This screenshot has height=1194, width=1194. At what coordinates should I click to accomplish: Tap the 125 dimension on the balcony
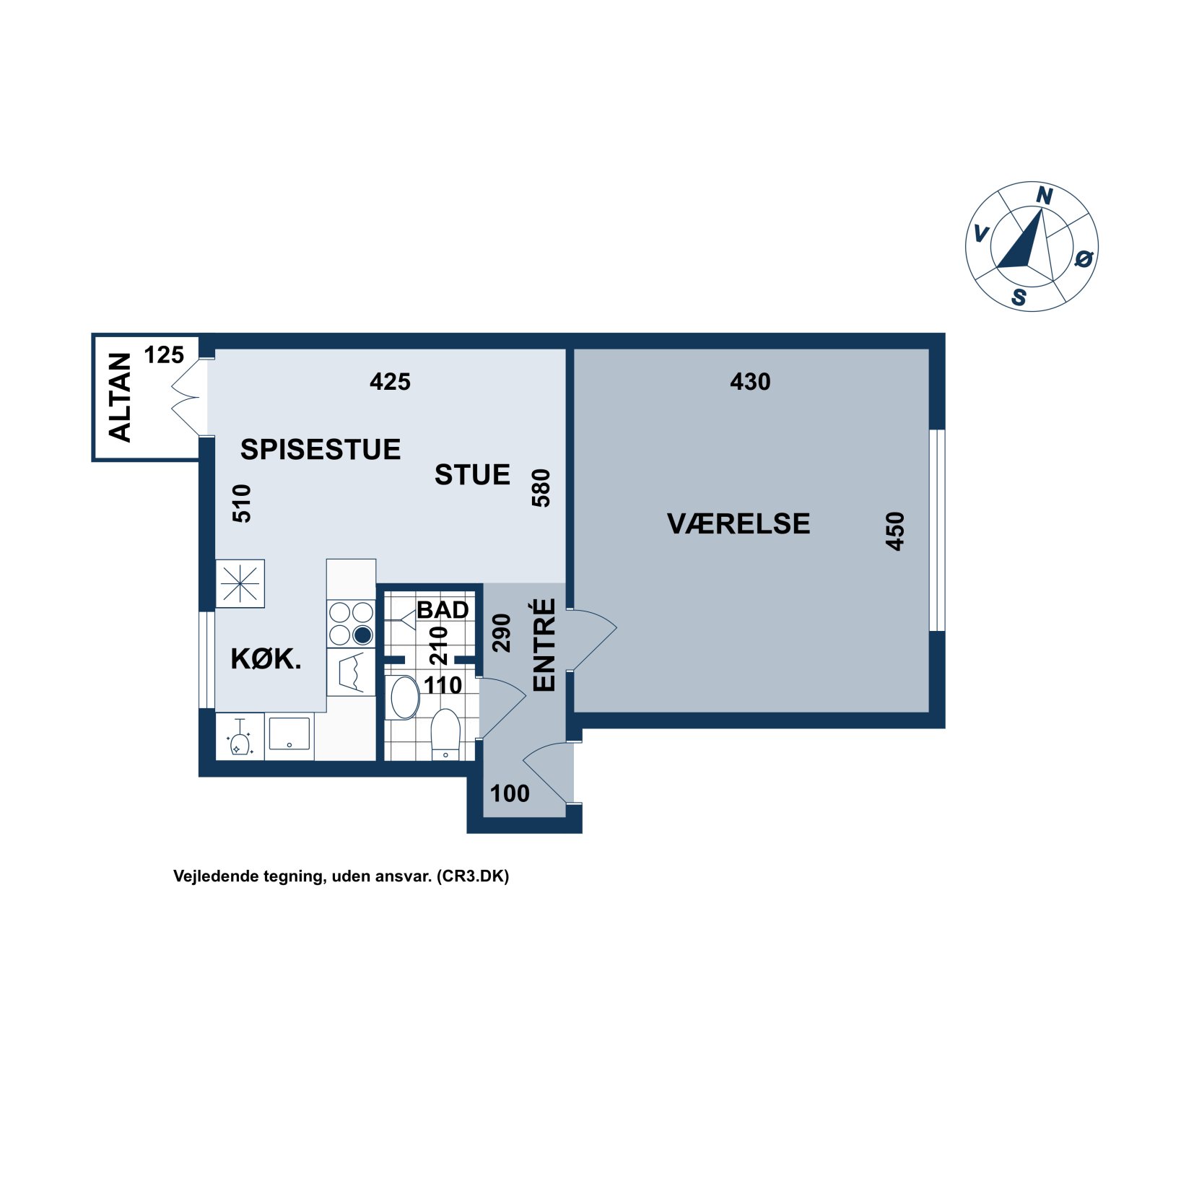(x=164, y=354)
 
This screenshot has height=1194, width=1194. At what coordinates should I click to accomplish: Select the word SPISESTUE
(x=320, y=449)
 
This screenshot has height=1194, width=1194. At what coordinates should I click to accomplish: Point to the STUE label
(x=472, y=474)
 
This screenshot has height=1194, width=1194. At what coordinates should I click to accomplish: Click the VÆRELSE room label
(x=738, y=523)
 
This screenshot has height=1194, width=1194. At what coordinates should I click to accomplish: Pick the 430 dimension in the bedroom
(x=750, y=381)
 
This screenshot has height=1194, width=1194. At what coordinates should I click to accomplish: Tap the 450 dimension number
(x=895, y=531)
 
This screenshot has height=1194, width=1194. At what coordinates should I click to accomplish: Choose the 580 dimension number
(x=541, y=488)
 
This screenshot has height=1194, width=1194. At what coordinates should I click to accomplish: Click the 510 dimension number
(x=242, y=503)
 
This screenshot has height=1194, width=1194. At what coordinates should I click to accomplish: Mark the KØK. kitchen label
(x=266, y=658)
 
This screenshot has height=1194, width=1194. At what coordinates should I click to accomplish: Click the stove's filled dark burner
(x=362, y=635)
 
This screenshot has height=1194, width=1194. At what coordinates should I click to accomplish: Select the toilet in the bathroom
(x=445, y=733)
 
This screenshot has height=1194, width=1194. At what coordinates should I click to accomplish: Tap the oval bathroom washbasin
(x=405, y=697)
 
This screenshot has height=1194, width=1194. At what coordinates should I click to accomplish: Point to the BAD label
(x=443, y=610)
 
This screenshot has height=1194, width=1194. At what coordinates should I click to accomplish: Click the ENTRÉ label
(x=544, y=645)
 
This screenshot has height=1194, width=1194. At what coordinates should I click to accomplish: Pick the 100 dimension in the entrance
(x=510, y=793)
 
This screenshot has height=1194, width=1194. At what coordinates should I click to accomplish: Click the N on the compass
(x=1045, y=196)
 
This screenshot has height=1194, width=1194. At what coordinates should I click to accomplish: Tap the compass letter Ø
(x=1084, y=258)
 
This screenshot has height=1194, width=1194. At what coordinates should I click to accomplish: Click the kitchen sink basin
(x=289, y=733)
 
